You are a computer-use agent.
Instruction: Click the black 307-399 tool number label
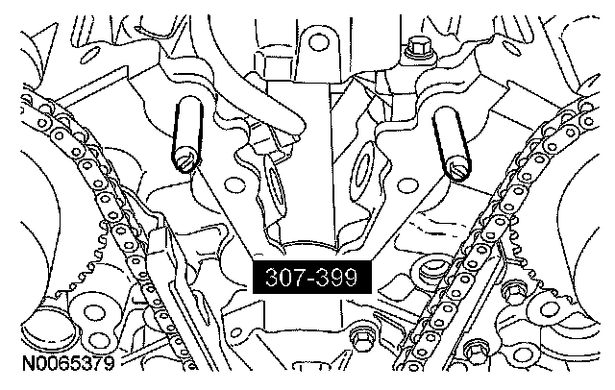coord(311,277)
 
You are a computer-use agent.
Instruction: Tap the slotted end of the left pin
coord(185,162)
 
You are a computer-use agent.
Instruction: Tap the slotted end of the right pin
coord(457,170)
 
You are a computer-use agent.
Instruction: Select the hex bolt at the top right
coord(416,46)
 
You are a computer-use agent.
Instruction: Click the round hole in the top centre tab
coord(319,42)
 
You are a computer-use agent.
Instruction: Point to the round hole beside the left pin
coord(234,183)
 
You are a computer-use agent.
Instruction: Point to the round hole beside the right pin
coord(407,185)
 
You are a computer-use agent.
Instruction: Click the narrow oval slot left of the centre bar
coord(276,182)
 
